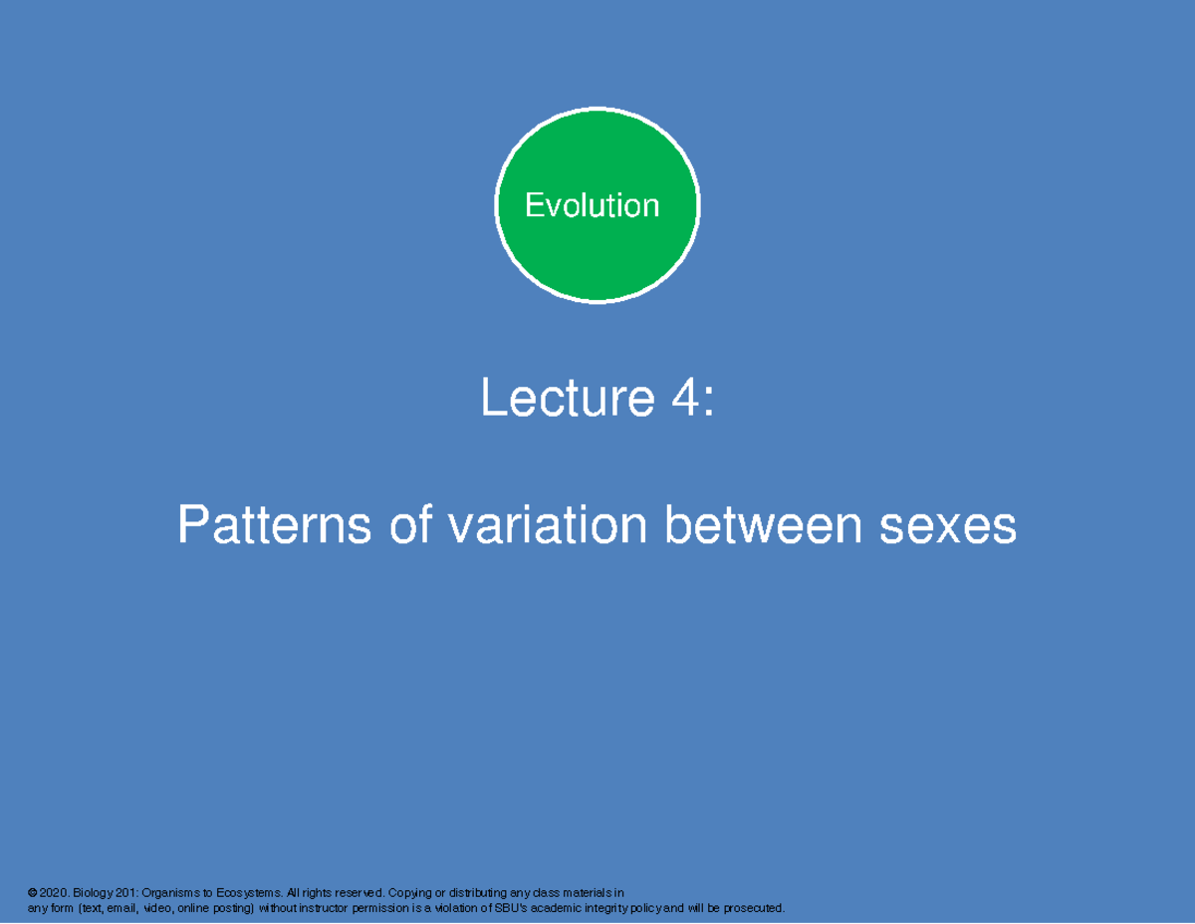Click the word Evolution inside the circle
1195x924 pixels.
click(x=592, y=205)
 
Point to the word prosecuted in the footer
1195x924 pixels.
click(x=753, y=908)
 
